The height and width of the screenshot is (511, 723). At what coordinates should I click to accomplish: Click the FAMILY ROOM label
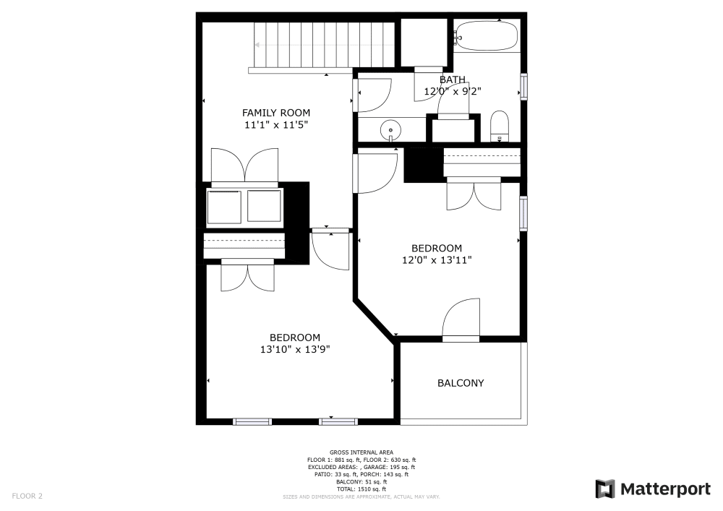tap(275, 113)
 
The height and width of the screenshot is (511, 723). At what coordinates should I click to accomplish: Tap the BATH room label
tap(453, 80)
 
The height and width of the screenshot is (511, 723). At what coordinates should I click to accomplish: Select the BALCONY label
tap(461, 383)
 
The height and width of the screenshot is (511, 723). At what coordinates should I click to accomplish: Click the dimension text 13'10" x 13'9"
tap(295, 349)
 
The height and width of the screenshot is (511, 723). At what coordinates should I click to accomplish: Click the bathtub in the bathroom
tap(487, 36)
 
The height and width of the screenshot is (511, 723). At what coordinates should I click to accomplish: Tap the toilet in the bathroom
tap(500, 126)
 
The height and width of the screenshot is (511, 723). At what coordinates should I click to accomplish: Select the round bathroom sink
tap(390, 131)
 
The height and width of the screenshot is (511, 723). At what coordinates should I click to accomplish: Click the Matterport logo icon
tap(605, 489)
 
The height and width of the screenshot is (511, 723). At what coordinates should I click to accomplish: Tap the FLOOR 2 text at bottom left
tap(26, 497)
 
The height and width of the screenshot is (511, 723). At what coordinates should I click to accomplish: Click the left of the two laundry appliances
tap(223, 206)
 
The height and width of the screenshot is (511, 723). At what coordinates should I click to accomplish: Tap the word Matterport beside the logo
tap(664, 489)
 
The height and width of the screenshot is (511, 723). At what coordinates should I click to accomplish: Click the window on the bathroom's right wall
tap(524, 87)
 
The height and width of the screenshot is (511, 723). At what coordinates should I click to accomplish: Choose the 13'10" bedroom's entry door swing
tap(330, 250)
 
